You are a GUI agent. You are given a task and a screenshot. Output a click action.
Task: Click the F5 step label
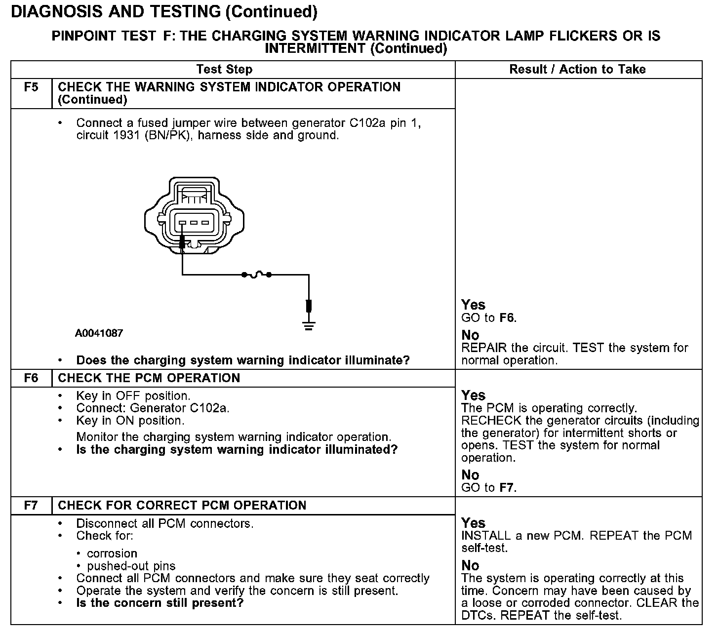coord(31,87)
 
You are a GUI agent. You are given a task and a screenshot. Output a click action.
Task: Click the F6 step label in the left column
coord(31,378)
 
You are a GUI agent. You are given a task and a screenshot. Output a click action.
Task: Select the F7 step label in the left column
coord(31,506)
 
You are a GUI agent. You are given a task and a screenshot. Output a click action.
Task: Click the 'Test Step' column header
coord(224,70)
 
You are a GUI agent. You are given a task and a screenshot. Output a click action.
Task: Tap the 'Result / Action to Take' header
coord(577,70)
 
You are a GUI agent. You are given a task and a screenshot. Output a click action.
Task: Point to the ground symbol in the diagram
coord(309,325)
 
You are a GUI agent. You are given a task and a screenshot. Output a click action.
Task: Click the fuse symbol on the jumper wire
coord(256,275)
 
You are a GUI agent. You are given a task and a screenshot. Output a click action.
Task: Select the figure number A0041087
coord(99,333)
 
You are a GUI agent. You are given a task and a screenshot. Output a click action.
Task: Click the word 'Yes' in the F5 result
coord(473,305)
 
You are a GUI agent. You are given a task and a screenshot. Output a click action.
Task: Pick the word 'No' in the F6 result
coord(470,475)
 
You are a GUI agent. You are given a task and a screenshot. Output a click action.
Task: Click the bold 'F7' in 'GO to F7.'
coord(507,488)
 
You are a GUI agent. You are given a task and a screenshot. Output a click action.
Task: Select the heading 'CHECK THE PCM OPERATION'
coord(149,378)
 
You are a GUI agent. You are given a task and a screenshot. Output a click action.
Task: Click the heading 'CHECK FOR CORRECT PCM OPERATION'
coord(182,506)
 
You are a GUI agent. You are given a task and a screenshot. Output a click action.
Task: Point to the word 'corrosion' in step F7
coord(112,553)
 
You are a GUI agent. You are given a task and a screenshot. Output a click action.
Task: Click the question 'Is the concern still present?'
coord(160,603)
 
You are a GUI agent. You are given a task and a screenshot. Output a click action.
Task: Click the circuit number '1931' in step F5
coord(128,135)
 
